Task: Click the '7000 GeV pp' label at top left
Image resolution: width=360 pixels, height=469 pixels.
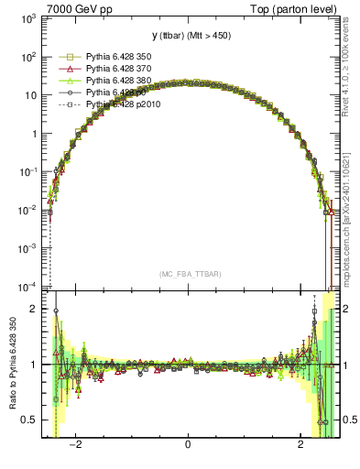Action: (x=69, y=9)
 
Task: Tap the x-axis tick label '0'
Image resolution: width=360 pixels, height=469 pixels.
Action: (x=188, y=445)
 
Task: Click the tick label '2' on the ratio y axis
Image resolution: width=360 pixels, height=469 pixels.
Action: (x=35, y=309)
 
